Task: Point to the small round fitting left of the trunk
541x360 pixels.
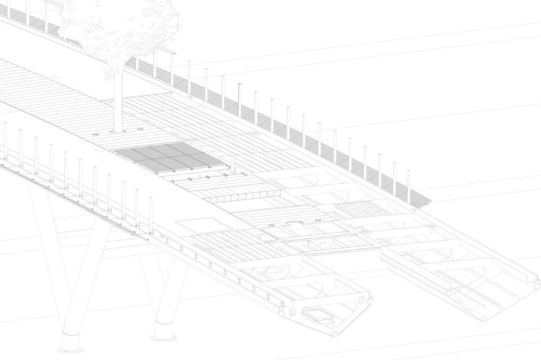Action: point(95,136)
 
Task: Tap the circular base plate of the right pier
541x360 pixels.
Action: point(164,338)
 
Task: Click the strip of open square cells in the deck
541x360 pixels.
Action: point(242,198)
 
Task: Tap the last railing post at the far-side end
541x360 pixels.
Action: point(409,186)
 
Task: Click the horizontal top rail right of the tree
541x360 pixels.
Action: point(152,51)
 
